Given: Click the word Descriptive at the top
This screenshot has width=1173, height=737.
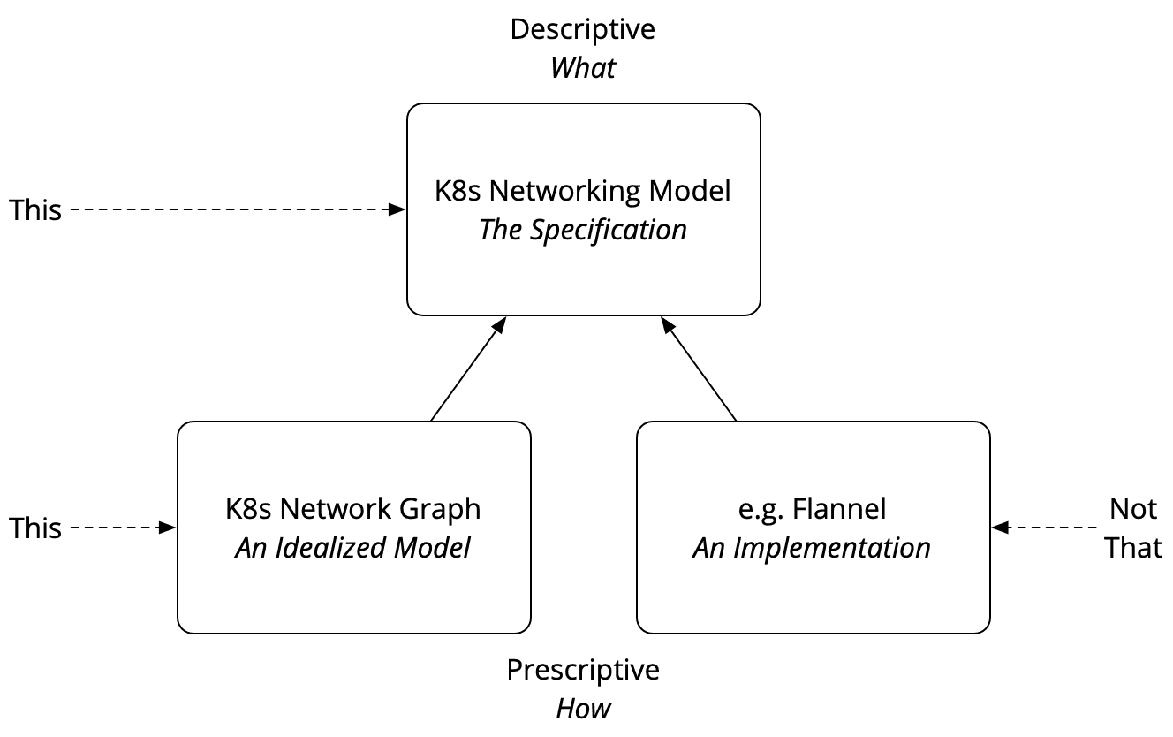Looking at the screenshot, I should coord(583,29).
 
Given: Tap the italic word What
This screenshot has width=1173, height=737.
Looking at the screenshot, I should coord(583,68).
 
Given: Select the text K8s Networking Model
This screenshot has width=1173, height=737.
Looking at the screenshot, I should coord(583,191).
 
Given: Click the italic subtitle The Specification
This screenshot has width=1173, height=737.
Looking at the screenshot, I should coord(583,230).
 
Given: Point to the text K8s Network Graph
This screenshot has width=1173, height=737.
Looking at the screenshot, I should coord(353,509).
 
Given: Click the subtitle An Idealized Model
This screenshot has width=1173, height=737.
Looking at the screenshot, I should coord(353,548).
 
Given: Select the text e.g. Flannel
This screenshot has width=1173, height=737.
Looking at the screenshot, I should coord(813,509).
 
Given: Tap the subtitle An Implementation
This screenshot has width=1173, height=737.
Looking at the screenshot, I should coord(812,548).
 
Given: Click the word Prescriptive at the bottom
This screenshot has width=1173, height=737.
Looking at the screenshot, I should coord(583,670).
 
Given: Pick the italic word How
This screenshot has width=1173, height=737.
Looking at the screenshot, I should coord(583,709).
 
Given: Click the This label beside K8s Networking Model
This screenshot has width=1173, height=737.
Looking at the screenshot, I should coord(35,210).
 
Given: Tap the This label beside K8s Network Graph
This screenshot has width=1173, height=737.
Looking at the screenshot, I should coord(35,528).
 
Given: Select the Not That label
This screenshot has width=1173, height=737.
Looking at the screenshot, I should coord(1133,528).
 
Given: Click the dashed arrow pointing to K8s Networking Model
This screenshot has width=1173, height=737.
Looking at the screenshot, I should coord(235,209).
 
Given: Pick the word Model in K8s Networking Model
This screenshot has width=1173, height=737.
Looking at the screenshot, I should coord(692,191).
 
